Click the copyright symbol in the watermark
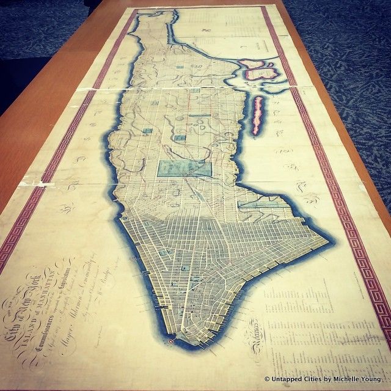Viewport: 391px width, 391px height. click(267, 379)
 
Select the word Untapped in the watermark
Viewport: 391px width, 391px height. click(283, 379)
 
